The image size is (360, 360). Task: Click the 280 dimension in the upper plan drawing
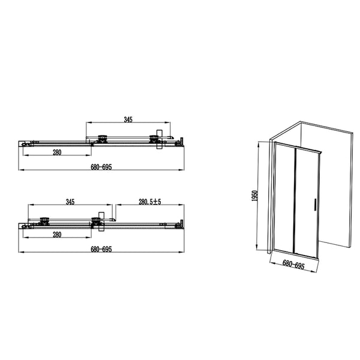pyautogui.click(x=56, y=152)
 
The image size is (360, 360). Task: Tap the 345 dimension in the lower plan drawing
pyautogui.click(x=70, y=202)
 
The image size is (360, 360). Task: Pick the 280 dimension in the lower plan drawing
pyautogui.click(x=56, y=234)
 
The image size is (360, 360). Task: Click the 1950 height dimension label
pyautogui.click(x=254, y=197)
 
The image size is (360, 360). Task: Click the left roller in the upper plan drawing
pyautogui.click(x=103, y=139)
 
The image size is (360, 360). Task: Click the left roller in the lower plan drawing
pyautogui.click(x=44, y=220)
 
